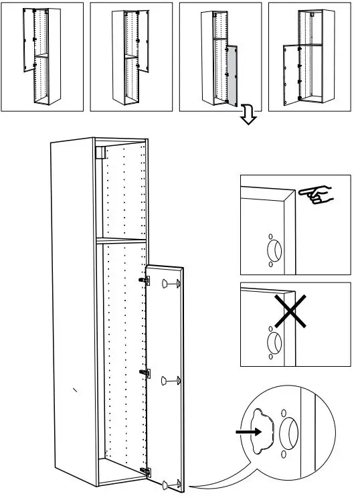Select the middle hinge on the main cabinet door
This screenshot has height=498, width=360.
click(x=143, y=372)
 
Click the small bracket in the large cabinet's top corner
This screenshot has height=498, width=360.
click(x=100, y=153)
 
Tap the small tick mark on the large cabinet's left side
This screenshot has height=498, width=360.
click(x=75, y=390)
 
